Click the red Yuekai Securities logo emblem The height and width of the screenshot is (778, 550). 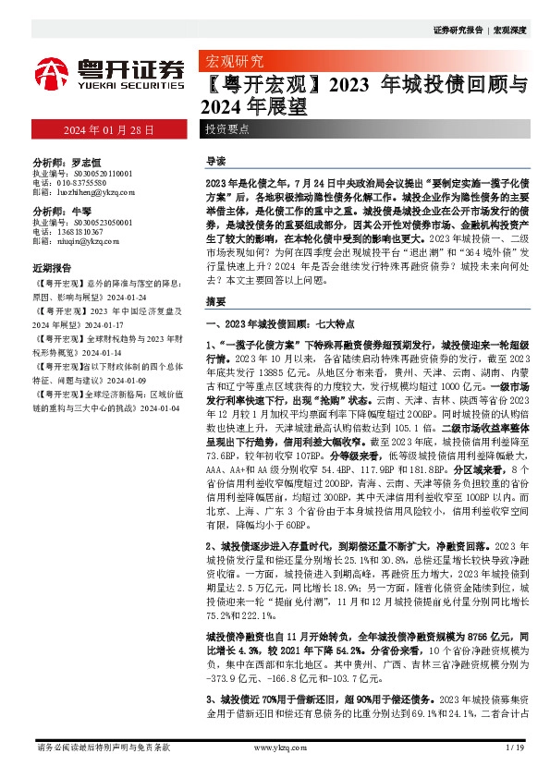coord(54,70)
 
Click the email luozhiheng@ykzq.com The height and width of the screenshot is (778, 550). coord(95,192)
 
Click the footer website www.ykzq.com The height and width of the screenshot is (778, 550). coord(275,747)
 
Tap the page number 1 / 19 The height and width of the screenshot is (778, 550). coord(515,747)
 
